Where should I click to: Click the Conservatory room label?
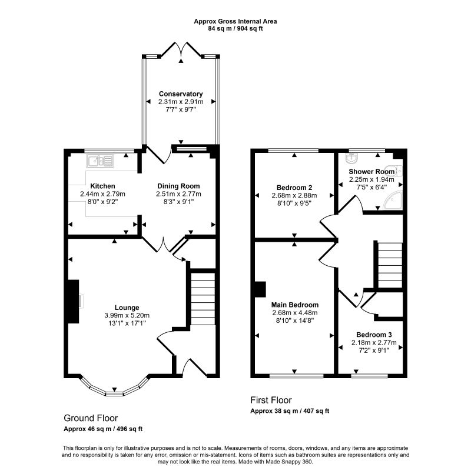point(181,94)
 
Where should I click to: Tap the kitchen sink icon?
point(100,161)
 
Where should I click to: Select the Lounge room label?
point(127,308)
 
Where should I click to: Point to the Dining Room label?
point(178,186)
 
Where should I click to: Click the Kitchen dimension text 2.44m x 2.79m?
point(102,193)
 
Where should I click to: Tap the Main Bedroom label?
point(295,305)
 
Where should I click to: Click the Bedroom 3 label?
point(374,335)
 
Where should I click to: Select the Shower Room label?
point(372,171)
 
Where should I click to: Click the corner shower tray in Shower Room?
point(393,200)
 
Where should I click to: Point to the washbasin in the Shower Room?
point(351,158)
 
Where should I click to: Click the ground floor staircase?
point(203,299)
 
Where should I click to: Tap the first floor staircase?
point(390,265)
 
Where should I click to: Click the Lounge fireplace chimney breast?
point(73,301)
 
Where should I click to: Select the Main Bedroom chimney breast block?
point(260,289)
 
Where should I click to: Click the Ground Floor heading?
point(91,418)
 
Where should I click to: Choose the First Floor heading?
point(271,400)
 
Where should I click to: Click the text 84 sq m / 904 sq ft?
point(235,29)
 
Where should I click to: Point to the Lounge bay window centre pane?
point(114,393)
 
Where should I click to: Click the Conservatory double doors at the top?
point(181,50)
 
